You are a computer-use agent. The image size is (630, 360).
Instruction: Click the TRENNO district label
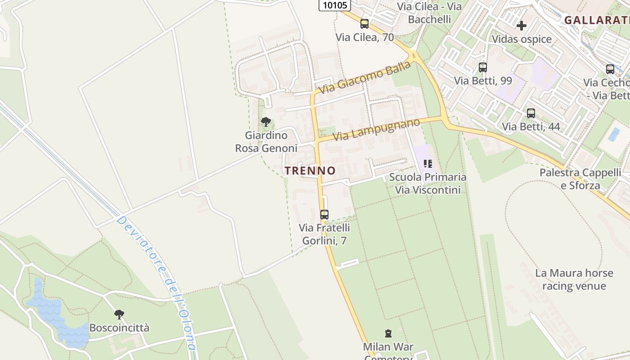310,171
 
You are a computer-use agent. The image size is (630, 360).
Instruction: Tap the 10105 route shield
335,5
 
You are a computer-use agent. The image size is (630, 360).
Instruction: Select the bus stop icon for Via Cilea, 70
364,24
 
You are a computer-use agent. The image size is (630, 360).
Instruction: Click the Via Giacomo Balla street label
365,77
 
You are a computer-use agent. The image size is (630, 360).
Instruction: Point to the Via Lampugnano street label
376,129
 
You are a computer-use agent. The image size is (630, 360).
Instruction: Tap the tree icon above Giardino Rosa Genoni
266,121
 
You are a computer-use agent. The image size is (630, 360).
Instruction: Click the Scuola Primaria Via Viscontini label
427,184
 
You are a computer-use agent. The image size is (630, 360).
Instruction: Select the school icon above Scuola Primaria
428,164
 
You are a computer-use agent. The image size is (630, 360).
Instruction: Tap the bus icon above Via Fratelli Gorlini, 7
324,215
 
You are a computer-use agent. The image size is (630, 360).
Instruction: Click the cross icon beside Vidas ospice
522,26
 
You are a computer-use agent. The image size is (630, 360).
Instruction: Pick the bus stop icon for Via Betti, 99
483,67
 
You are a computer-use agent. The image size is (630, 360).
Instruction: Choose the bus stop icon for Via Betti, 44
531,113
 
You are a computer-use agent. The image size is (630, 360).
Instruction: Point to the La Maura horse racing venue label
574,279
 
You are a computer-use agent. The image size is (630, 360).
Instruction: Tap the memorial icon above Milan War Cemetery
388,333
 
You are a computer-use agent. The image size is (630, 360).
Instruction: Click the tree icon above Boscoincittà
119,314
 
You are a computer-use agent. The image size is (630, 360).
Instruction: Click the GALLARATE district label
597,20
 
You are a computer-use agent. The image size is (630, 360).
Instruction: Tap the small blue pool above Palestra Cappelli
614,134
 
